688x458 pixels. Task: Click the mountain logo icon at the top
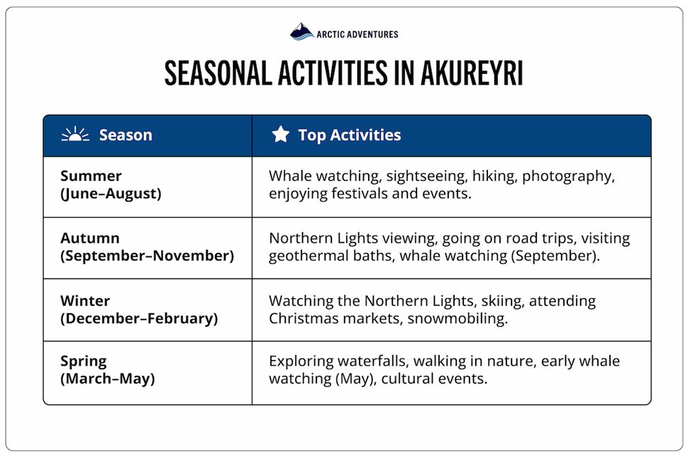[x=301, y=32]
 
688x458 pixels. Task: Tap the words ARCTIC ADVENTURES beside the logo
[x=357, y=34]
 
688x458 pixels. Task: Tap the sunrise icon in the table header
[x=75, y=135]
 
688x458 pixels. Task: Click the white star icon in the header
[x=281, y=135]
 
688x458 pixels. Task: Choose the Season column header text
[x=126, y=135]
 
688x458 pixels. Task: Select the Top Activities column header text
[x=349, y=135]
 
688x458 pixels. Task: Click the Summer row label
[x=91, y=176]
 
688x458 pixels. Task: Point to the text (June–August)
[x=111, y=193]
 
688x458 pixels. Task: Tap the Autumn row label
[x=89, y=238]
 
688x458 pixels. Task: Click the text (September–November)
[x=147, y=256]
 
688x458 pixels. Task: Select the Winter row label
[x=85, y=300]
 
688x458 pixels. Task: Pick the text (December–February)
[x=139, y=318]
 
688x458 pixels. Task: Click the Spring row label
[x=84, y=361]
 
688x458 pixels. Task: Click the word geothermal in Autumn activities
[x=305, y=256]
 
